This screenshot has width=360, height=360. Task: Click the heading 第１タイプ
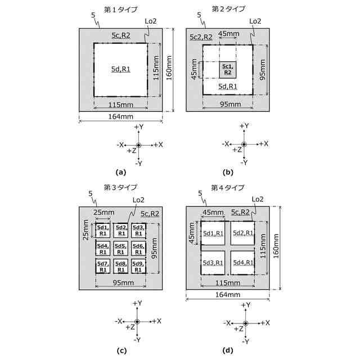click(x=121, y=10)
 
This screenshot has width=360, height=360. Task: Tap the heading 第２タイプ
click(x=228, y=10)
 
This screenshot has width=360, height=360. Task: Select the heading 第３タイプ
click(x=121, y=187)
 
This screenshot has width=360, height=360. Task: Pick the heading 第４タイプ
click(x=228, y=187)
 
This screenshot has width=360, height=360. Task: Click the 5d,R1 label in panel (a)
click(x=121, y=69)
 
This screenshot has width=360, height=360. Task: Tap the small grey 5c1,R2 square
click(x=228, y=69)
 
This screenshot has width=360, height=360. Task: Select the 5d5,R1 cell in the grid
click(x=120, y=248)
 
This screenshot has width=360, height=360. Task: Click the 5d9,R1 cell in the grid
click(x=138, y=266)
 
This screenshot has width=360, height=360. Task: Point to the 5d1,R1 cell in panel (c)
click(x=103, y=230)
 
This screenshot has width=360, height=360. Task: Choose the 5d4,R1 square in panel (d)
click(x=243, y=263)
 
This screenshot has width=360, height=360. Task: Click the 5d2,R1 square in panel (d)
click(x=243, y=233)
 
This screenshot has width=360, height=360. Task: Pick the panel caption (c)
click(x=120, y=350)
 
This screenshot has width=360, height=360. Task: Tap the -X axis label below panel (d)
click(x=227, y=323)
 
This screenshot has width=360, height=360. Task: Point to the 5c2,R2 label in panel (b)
click(x=201, y=37)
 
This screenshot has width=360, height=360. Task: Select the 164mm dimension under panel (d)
click(x=228, y=294)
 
